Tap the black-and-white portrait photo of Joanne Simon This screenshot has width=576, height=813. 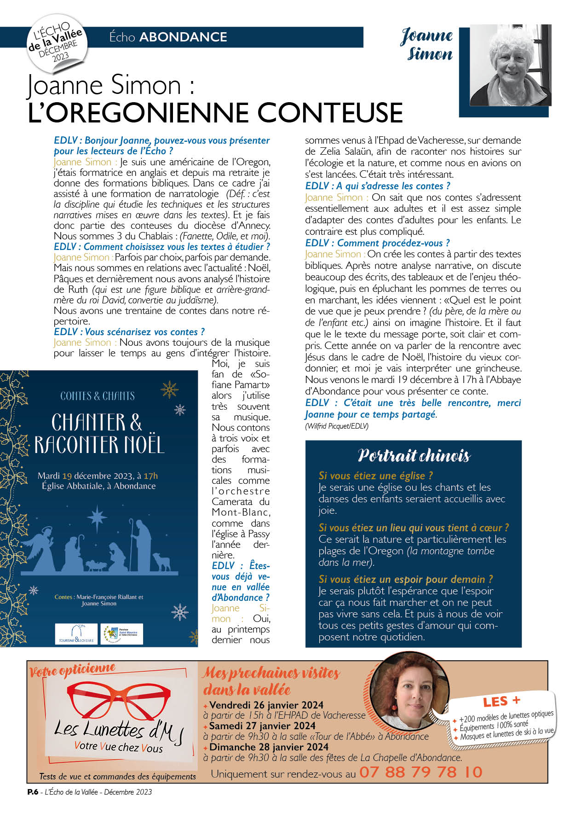point(510,65)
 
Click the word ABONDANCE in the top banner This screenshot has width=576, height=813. point(183,37)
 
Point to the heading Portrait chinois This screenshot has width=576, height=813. point(414,456)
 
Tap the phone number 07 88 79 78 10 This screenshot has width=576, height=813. point(420,772)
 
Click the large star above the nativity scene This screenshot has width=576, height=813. point(98,517)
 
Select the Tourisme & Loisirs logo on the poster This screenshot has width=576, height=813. point(76,634)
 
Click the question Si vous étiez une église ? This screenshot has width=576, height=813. point(375,476)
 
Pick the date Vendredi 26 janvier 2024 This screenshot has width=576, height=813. point(266,705)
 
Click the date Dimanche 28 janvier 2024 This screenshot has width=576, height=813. point(269,747)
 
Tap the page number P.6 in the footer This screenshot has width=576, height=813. point(33,792)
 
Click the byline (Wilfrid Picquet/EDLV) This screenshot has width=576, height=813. point(336,426)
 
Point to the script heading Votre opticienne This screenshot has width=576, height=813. point(72,671)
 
